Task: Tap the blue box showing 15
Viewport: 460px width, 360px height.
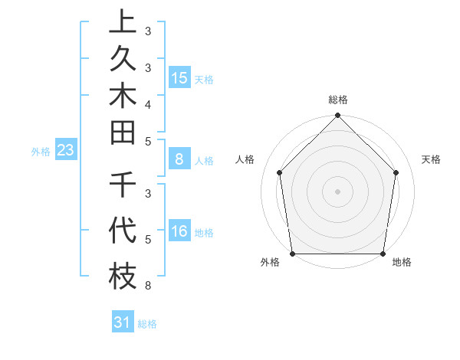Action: pos(180,77)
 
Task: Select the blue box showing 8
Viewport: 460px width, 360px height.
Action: pos(179,159)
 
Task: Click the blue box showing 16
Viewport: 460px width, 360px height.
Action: pos(180,231)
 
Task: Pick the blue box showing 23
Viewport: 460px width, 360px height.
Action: pos(66,151)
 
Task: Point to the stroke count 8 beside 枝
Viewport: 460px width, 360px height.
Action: pos(147,286)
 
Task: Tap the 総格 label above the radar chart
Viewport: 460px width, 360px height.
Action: pos(338,100)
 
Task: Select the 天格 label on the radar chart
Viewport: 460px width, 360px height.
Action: pos(432,159)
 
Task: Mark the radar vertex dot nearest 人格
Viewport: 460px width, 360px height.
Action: pos(280,172)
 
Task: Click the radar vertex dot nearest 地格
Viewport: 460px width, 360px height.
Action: pos(383,254)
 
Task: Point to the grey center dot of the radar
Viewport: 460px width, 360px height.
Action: pos(338,191)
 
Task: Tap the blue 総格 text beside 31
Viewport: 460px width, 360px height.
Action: pos(147,324)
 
